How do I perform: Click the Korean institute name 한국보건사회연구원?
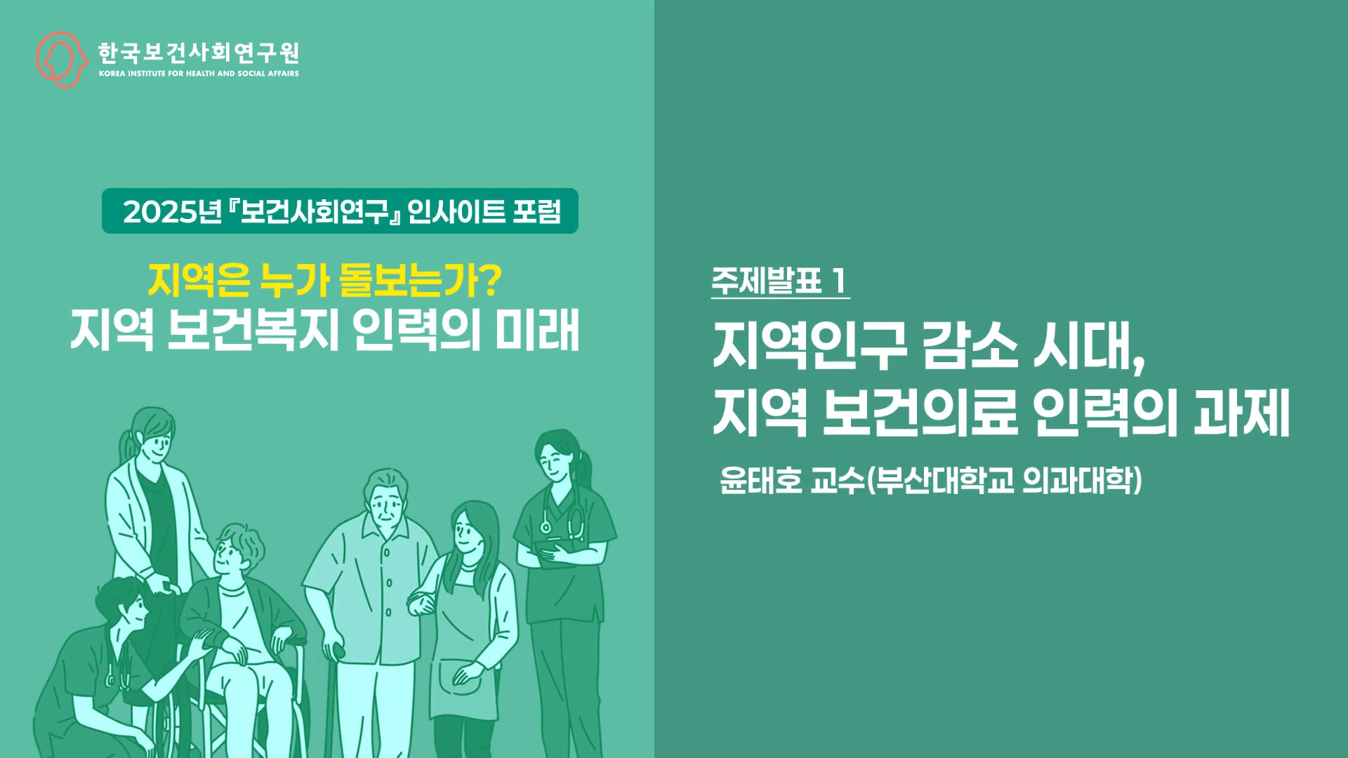199,52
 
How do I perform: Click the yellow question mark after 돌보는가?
492,281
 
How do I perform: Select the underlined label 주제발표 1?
779,282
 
